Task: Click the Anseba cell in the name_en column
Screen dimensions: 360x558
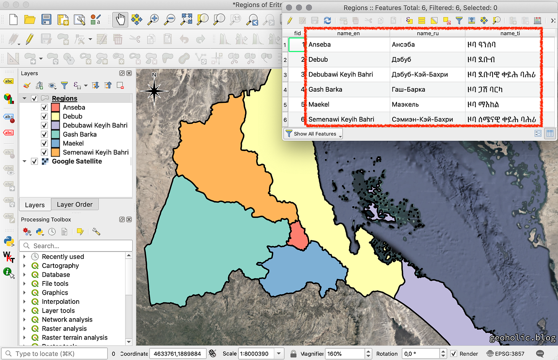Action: click(x=320, y=45)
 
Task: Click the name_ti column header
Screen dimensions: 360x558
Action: click(x=510, y=33)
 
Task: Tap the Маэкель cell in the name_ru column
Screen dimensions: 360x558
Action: click(x=405, y=104)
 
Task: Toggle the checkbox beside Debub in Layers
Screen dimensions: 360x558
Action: click(x=44, y=116)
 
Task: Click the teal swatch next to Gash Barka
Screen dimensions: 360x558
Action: click(x=55, y=134)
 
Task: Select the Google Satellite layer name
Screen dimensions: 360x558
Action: click(x=77, y=161)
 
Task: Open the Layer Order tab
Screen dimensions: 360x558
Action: click(x=75, y=205)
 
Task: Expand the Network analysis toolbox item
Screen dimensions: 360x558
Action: click(x=24, y=320)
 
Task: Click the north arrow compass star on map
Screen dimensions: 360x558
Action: click(x=154, y=91)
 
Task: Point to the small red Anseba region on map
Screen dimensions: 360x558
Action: click(x=298, y=236)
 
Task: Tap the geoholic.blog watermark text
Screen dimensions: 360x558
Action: click(x=522, y=338)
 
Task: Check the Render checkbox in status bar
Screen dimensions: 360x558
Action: click(x=454, y=354)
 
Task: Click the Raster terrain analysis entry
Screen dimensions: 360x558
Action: click(x=75, y=338)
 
